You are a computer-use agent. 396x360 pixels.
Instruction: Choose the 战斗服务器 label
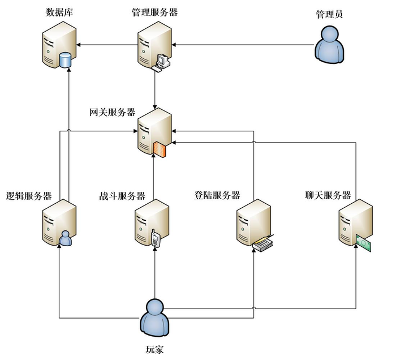coord(122,196)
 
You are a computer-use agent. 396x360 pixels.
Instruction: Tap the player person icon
coord(154,317)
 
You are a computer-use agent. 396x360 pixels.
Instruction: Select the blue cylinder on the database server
coord(66,59)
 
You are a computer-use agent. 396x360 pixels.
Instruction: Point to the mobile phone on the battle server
coord(156,238)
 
